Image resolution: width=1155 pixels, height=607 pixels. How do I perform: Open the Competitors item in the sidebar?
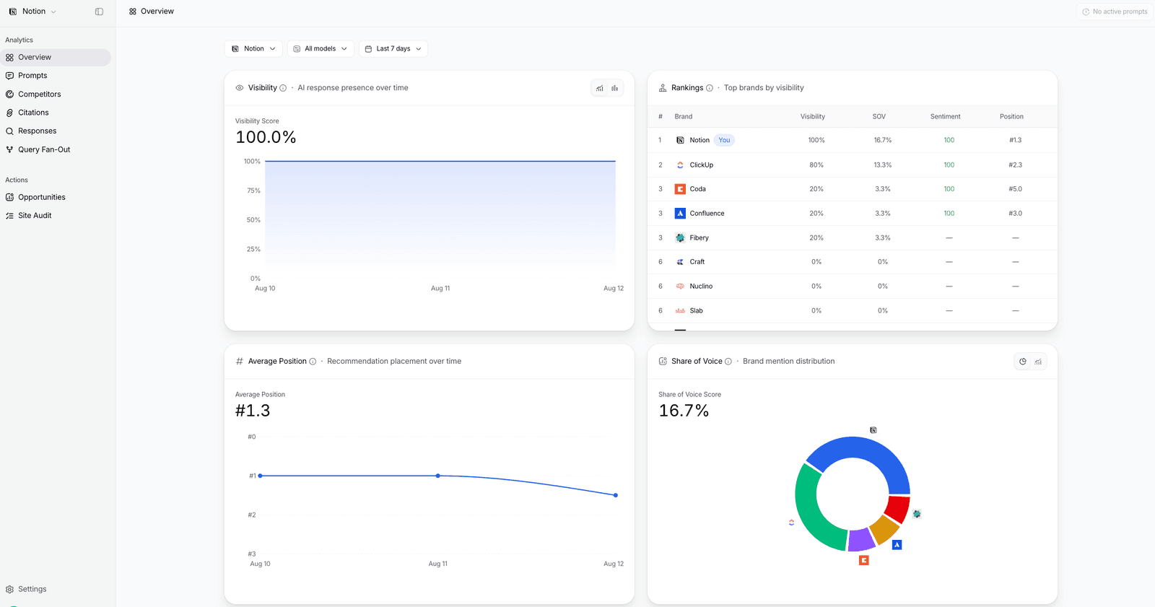coord(39,94)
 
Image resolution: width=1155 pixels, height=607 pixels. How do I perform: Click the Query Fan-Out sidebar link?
coord(44,149)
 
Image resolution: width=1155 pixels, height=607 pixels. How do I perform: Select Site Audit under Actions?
coord(35,216)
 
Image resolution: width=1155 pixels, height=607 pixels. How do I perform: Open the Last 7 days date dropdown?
coord(393,48)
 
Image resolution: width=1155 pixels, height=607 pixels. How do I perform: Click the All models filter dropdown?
coord(321,48)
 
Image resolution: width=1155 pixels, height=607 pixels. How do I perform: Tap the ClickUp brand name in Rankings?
coord(701,165)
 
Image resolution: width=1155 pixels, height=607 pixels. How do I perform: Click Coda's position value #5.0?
coord(1015,189)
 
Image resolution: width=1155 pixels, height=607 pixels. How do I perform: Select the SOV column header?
coord(879,116)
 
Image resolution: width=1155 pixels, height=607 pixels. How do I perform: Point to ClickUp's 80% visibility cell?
coord(816,165)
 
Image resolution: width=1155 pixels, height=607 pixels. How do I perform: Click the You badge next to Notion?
coord(724,140)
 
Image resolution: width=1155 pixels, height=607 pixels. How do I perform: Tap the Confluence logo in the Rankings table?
coord(680,213)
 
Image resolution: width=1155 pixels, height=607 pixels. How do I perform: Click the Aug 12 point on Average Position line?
coord(615,495)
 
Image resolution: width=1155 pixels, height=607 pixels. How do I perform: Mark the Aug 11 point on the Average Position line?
coord(437,476)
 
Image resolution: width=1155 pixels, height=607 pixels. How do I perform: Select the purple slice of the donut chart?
coord(861,540)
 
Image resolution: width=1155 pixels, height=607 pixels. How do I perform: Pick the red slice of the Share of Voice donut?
coord(898,508)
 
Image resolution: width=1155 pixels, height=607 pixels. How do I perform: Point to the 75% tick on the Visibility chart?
coord(253,191)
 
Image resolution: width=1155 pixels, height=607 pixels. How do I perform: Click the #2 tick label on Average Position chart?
coord(252,515)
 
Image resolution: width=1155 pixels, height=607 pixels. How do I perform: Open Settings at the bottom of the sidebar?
coord(32,589)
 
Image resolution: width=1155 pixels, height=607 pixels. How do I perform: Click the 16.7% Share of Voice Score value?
coord(684,411)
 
